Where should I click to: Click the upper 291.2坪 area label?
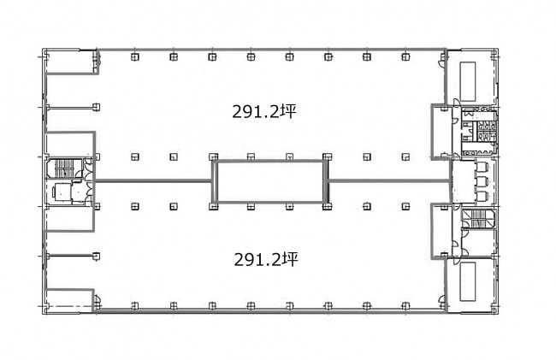[264, 111]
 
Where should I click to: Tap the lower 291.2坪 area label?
[266, 260]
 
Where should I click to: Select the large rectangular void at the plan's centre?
[269, 181]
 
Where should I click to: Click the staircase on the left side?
[64, 168]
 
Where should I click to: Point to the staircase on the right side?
[478, 218]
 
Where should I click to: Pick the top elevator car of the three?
[482, 168]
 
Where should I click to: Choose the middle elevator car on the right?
[482, 181]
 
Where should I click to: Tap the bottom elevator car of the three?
[482, 196]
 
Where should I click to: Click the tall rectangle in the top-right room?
[468, 81]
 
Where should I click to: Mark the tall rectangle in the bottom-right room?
[468, 281]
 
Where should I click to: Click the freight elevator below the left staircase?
[62, 192]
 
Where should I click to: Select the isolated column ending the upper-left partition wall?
[96, 107]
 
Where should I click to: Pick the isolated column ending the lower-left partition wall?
[96, 257]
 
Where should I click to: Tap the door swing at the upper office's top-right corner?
[442, 63]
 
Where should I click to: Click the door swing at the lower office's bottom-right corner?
[442, 299]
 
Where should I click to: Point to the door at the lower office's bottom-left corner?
[98, 299]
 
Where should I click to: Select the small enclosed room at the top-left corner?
[70, 62]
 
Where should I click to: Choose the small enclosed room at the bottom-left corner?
[70, 301]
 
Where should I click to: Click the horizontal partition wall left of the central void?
[154, 181]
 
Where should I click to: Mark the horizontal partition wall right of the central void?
[388, 181]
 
